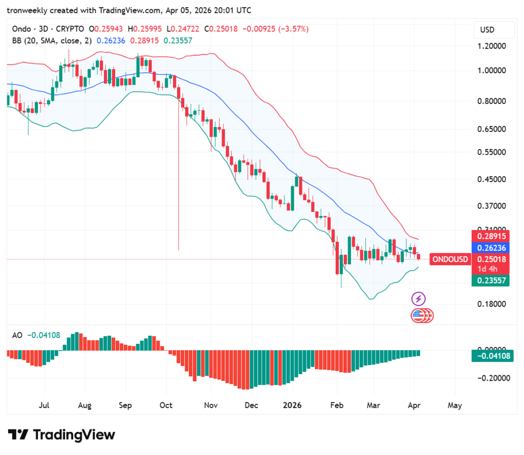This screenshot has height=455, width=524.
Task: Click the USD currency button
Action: tap(487, 30)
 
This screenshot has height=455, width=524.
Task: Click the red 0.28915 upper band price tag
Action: tap(491, 236)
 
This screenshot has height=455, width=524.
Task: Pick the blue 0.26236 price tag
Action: tap(491, 248)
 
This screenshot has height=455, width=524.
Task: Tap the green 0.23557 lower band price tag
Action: tap(491, 280)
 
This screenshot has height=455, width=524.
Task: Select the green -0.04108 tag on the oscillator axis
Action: tap(491, 356)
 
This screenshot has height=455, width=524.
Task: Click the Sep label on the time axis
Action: tap(125, 405)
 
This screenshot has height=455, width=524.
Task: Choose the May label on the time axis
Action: tap(454, 405)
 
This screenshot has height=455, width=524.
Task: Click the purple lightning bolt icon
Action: tap(419, 298)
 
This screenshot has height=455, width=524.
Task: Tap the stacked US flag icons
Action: tap(422, 316)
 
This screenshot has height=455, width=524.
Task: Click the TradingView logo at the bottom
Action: tap(61, 435)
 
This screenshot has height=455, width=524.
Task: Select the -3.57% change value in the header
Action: tap(294, 29)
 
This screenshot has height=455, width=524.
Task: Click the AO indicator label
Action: tap(17, 335)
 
